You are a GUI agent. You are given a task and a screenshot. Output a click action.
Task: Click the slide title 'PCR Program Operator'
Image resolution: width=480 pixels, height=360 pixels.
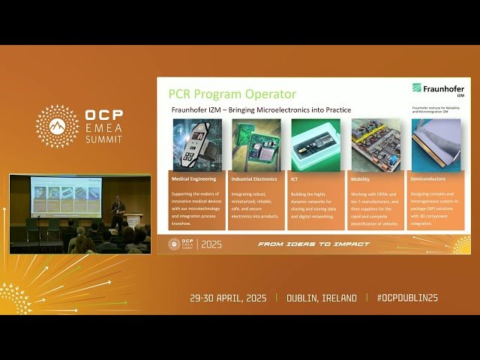coord(232,94)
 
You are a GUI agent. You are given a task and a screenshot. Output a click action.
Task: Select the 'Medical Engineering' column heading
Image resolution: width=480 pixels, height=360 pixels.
coord(193,179)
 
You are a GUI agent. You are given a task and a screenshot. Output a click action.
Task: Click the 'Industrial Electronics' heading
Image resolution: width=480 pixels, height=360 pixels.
coord(254,179)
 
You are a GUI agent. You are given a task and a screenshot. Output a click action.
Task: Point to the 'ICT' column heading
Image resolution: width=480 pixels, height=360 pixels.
coord(295,179)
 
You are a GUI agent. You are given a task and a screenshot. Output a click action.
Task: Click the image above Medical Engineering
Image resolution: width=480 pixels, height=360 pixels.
coord(197,145)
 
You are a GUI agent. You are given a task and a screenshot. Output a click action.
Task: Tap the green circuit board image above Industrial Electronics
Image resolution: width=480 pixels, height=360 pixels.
coord(256,145)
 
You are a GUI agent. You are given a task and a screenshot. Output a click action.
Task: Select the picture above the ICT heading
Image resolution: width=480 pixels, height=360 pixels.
coord(316,145)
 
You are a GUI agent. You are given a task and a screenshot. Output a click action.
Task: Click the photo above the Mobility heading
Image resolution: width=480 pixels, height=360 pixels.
coord(376,145)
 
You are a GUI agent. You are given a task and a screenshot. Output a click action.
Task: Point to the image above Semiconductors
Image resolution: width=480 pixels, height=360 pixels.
coord(436,145)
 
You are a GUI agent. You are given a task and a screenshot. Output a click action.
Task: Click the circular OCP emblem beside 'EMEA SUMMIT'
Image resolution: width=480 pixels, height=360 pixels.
coord(57,126)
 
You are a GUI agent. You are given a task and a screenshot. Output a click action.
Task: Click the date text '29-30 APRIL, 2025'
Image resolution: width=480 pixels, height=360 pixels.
coord(229,298)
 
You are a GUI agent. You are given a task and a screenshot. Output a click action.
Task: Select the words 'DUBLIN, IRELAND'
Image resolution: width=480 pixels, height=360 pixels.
coord(322,298)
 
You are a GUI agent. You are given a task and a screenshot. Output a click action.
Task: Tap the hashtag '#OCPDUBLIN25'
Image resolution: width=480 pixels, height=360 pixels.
coord(407,298)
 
